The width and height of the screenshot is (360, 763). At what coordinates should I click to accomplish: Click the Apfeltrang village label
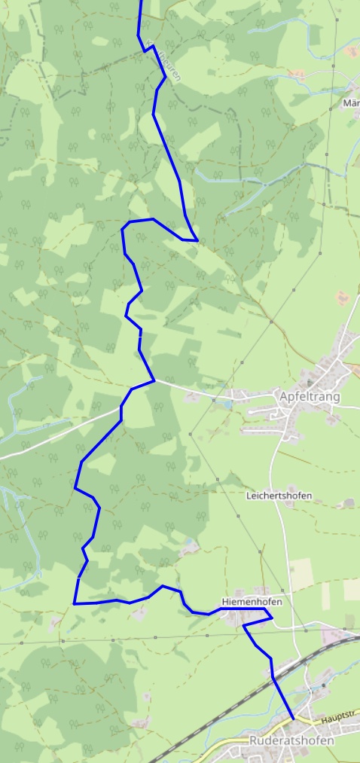tap(309, 397)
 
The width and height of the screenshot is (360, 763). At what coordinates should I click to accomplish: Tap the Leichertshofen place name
tap(279, 496)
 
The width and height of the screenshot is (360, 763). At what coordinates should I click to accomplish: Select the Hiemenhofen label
tap(252, 602)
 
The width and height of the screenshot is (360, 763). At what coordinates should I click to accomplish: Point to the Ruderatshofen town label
tap(291, 741)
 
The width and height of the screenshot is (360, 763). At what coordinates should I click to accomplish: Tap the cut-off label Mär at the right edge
tap(351, 102)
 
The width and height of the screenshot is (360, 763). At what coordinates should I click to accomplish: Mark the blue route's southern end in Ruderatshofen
tap(292, 719)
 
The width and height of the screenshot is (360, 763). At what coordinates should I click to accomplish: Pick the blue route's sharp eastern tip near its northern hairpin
tap(197, 240)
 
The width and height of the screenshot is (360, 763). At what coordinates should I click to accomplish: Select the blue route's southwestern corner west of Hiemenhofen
tap(74, 603)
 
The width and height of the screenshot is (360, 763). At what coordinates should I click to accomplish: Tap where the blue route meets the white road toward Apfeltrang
tap(154, 380)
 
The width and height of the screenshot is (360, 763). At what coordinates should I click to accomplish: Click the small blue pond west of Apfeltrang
tap(223, 403)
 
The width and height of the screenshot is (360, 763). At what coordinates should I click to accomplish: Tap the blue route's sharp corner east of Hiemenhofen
tap(271, 620)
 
